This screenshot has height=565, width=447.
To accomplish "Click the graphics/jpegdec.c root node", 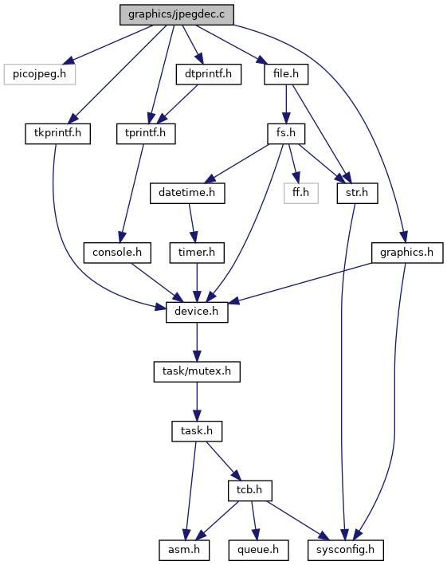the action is pyautogui.click(x=177, y=15).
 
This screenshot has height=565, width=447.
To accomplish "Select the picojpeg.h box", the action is pyautogui.click(x=40, y=74).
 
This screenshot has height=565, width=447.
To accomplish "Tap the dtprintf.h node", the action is pyautogui.click(x=209, y=74).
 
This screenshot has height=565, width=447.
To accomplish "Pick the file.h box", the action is pyautogui.click(x=286, y=74).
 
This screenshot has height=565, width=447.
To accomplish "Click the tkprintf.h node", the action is pyautogui.click(x=57, y=134).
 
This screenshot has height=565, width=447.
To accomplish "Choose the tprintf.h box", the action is pyautogui.click(x=146, y=134).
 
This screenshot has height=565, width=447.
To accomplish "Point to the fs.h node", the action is pyautogui.click(x=286, y=134).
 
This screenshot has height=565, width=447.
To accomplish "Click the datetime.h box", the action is pyautogui.click(x=187, y=193).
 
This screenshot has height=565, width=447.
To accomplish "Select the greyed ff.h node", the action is pyautogui.click(x=300, y=193).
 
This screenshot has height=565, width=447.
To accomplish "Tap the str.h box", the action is pyautogui.click(x=357, y=193).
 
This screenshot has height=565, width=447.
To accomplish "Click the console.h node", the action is pyautogui.click(x=117, y=253).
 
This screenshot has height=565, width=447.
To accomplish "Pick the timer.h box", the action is pyautogui.click(x=197, y=253).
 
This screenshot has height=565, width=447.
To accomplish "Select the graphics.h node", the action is pyautogui.click(x=407, y=253).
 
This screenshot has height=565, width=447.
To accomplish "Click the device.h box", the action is pyautogui.click(x=197, y=312).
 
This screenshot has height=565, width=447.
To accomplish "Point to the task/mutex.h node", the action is pyautogui.click(x=197, y=371).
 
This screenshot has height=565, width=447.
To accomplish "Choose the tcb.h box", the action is pyautogui.click(x=249, y=490).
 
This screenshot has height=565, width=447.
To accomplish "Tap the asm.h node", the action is pyautogui.click(x=184, y=550).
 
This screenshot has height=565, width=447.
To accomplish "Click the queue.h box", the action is pyautogui.click(x=258, y=550).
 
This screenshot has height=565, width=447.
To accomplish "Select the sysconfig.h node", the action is pyautogui.click(x=346, y=550).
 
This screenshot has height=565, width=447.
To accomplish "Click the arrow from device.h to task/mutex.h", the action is pyautogui.click(x=197, y=342).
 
